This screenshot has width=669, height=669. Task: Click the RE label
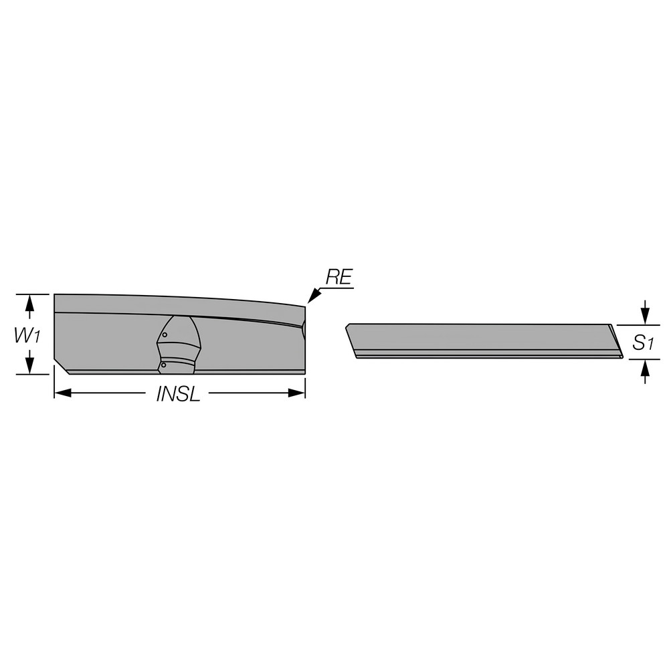pyautogui.click(x=339, y=278)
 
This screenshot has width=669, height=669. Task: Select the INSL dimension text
pyautogui.click(x=178, y=394)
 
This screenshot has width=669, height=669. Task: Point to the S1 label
pyautogui.click(x=643, y=343)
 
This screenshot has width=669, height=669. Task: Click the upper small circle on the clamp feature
pyautogui.click(x=165, y=334)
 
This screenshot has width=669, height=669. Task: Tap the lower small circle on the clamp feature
pyautogui.click(x=163, y=365)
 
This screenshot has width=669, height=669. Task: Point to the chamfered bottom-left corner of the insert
pyautogui.click(x=61, y=367)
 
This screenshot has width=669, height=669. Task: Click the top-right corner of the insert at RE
pyautogui.click(x=305, y=306)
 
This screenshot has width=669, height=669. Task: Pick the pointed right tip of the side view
pyautogui.click(x=622, y=357)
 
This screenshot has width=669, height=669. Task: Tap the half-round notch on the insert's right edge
pyautogui.click(x=304, y=328)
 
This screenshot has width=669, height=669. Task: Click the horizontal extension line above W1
pyautogui.click(x=33, y=294)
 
